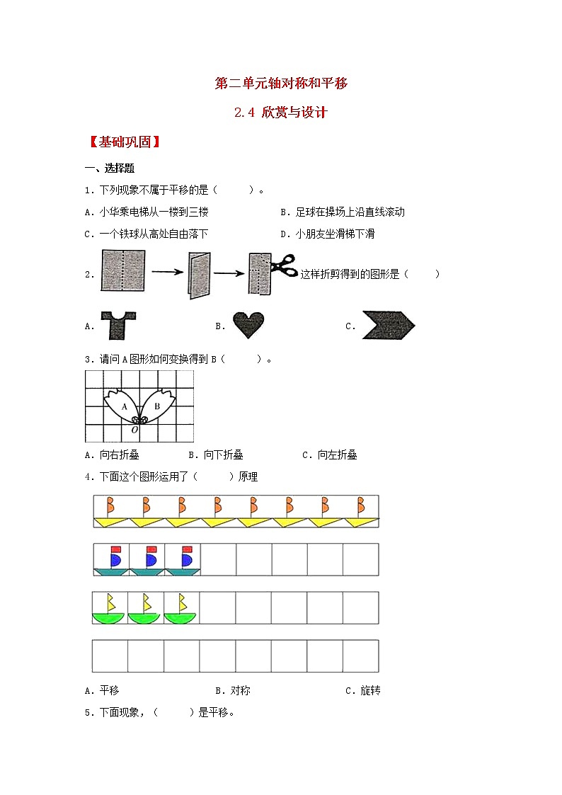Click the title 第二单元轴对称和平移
(x=281, y=84)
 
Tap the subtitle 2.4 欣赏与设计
(x=281, y=113)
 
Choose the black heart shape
(x=248, y=325)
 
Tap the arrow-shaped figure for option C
(x=388, y=326)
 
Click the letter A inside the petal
(x=125, y=406)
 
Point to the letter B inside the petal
(x=157, y=406)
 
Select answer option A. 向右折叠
(x=115, y=455)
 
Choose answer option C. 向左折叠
(x=330, y=455)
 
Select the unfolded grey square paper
(x=123, y=270)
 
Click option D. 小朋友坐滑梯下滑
(x=328, y=234)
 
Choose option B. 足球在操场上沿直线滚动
(x=343, y=212)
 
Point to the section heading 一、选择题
(x=110, y=168)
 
